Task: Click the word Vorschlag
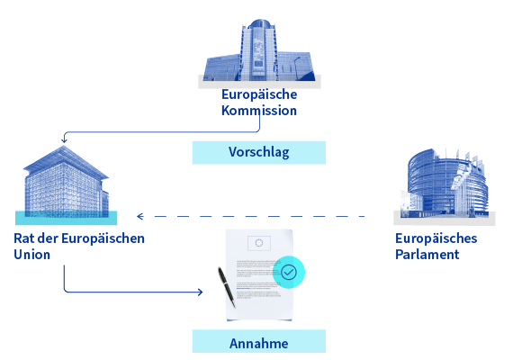tap(259, 152)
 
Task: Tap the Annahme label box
tap(259, 341)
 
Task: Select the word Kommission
tap(259, 111)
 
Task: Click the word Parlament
tap(427, 255)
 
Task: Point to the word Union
tap(31, 255)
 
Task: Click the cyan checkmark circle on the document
tap(289, 272)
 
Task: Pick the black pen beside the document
tap(227, 287)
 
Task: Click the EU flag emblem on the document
tap(259, 243)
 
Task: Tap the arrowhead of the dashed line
tap(140, 216)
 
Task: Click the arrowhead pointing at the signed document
tap(200, 292)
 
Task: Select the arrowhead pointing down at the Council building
tap(64, 139)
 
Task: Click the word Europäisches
tap(436, 238)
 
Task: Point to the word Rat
tap(24, 238)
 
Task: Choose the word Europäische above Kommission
tap(259, 94)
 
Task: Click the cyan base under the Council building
tap(66, 218)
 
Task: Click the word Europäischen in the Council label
tap(103, 238)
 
